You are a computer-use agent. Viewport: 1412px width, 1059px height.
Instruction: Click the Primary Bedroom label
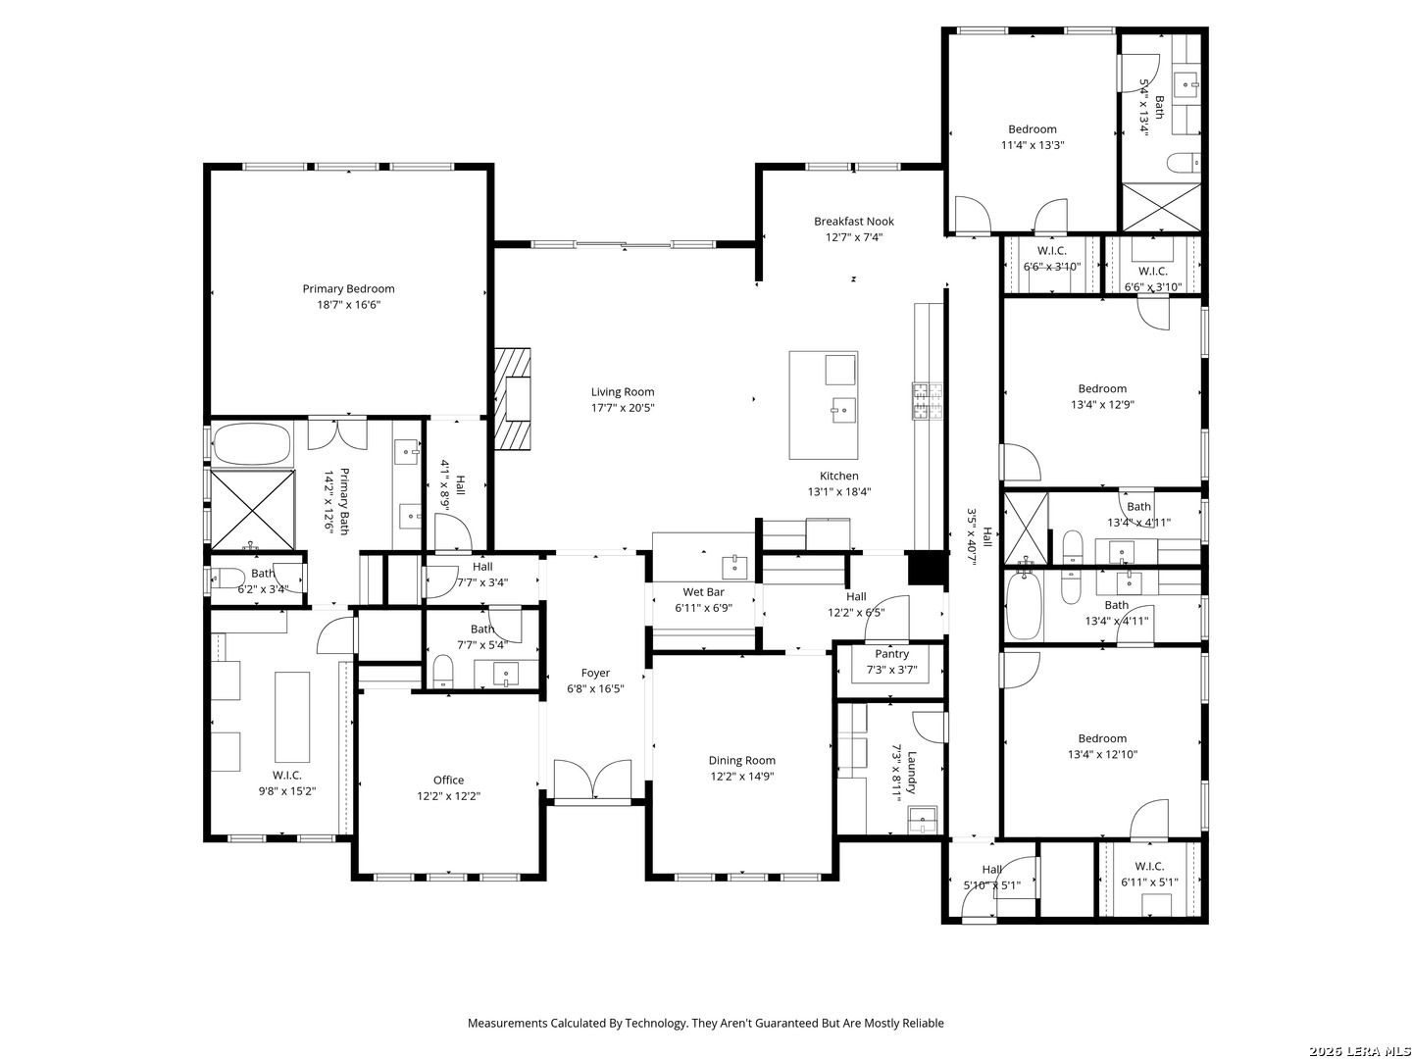pos(348,288)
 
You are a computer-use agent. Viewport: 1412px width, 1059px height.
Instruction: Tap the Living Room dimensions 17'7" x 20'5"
pos(622,408)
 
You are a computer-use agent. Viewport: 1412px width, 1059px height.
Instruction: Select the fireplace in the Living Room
pos(513,399)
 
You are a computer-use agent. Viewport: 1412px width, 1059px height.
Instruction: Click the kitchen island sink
pos(843,410)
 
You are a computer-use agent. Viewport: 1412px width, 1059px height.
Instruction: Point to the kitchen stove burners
pos(927,401)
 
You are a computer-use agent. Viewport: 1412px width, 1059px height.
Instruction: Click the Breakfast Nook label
pos(854,222)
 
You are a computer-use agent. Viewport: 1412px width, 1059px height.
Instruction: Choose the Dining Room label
pos(741,760)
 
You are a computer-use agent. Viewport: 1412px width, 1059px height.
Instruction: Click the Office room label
pos(448,780)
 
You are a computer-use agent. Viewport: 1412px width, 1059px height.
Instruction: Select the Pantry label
pos(891,654)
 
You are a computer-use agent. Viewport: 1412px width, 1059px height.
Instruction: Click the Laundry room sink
pos(923,820)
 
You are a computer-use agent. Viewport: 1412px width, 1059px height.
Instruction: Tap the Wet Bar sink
pos(734,567)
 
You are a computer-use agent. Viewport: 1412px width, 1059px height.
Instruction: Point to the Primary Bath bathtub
pos(252,443)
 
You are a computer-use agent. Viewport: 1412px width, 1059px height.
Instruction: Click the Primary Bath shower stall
pos(253,509)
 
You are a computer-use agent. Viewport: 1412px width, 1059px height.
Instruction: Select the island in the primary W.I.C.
pos(292,717)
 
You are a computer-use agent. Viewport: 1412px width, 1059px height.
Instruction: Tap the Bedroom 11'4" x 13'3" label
pos(1032,137)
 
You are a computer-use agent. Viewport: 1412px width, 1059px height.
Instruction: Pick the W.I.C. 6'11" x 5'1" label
pos(1149,874)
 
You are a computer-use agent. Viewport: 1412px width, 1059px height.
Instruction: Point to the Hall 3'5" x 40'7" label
pos(979,537)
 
